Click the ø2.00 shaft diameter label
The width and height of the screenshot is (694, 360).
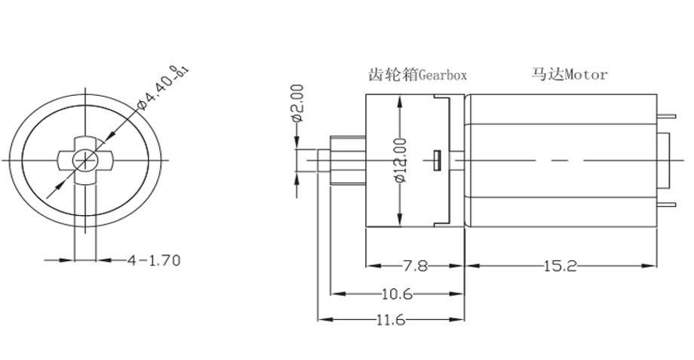pyautogui.click(x=296, y=104)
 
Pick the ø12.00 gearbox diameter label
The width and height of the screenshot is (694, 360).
pyautogui.click(x=400, y=159)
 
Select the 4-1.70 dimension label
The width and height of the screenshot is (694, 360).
pyautogui.click(x=154, y=260)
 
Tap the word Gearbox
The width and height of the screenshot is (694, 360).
pyautogui.click(x=443, y=75)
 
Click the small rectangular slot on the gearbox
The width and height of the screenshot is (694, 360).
pyautogui.click(x=437, y=159)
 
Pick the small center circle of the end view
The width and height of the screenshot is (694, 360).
pyautogui.click(x=84, y=159)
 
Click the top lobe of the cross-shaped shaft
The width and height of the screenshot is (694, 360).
pyautogui.click(x=84, y=143)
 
